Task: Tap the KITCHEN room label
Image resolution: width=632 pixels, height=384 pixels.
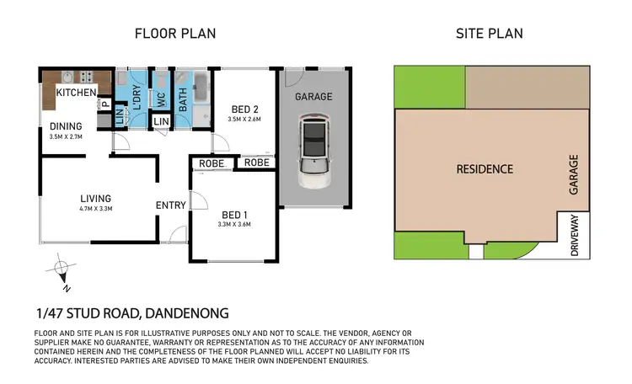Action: pyautogui.click(x=77, y=92)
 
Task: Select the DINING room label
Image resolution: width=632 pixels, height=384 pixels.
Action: pyautogui.click(x=65, y=126)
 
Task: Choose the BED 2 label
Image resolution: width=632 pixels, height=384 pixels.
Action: pyautogui.click(x=244, y=108)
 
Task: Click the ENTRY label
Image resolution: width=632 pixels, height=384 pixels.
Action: pyautogui.click(x=171, y=205)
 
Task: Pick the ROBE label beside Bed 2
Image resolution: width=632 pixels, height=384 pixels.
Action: pyautogui.click(x=257, y=163)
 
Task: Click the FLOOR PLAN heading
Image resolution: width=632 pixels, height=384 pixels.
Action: pyautogui.click(x=176, y=34)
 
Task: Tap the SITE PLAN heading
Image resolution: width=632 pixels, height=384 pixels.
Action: pyautogui.click(x=489, y=34)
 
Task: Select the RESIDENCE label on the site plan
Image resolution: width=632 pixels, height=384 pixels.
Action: pyautogui.click(x=485, y=168)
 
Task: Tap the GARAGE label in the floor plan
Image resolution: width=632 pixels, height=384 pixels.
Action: pyautogui.click(x=313, y=97)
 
